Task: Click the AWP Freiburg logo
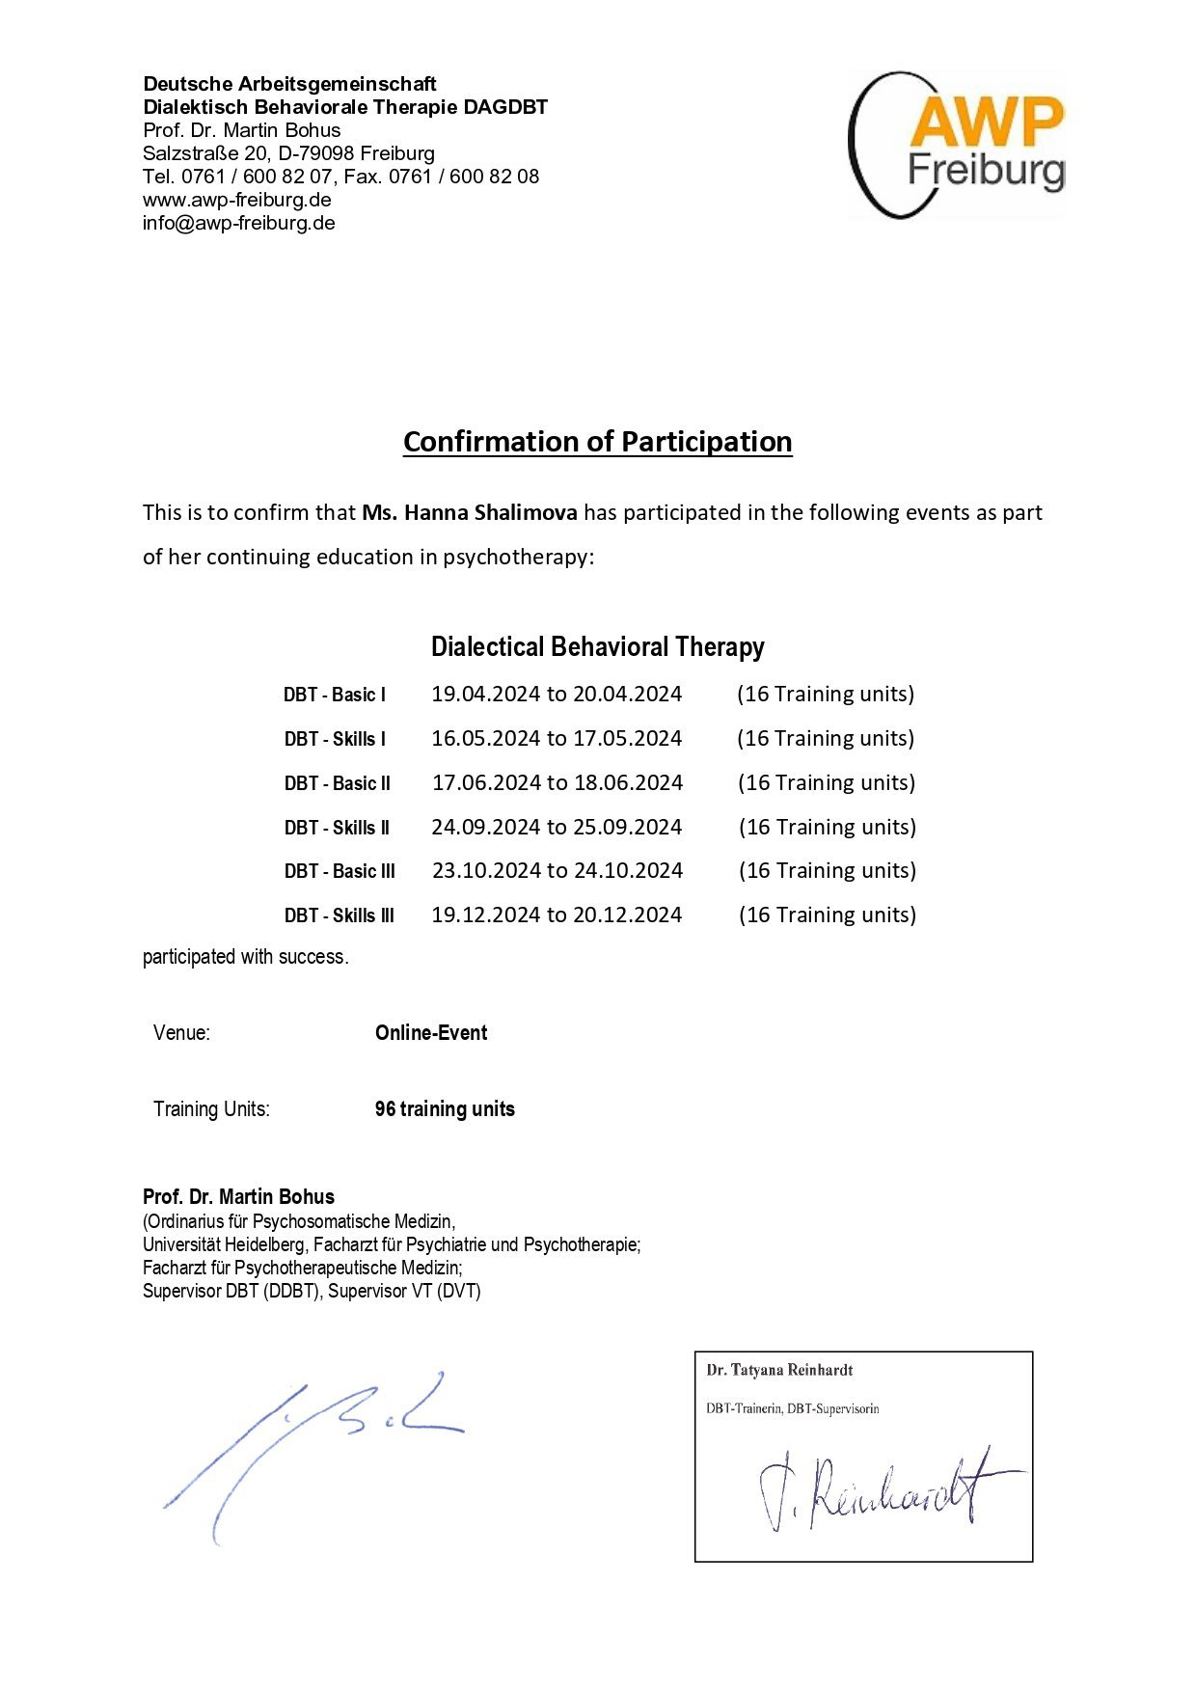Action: pos(957,145)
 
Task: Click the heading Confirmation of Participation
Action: pos(597,442)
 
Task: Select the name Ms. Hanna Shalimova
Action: pos(470,512)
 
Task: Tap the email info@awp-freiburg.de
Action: pos(239,223)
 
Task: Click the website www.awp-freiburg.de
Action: pos(237,200)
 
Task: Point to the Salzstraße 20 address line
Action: pos(288,153)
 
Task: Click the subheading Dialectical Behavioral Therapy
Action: pos(597,646)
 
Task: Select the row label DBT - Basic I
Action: pos(335,695)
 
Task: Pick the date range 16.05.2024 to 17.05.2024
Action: pos(557,739)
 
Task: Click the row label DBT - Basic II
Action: pos(337,783)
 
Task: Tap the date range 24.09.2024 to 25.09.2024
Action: pos(557,828)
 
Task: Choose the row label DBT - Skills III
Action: pos(339,915)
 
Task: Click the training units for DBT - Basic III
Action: pos(828,871)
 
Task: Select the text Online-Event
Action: pos(431,1033)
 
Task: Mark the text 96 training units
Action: pos(445,1109)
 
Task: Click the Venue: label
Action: pos(181,1033)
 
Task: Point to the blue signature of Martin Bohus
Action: pos(309,1447)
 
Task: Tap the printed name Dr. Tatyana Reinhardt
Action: pos(779,1370)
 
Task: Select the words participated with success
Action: pos(245,957)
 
